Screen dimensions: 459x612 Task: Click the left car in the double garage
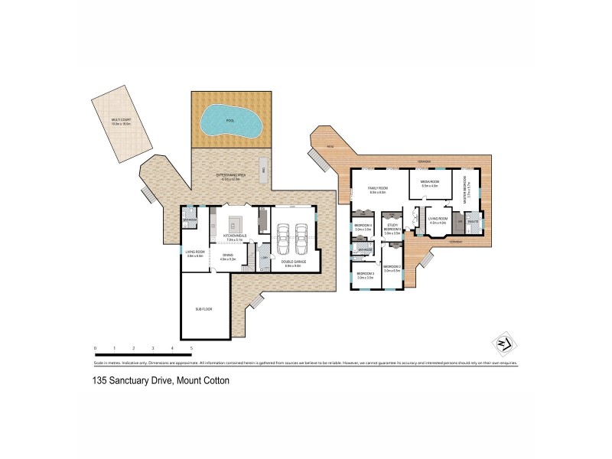click(x=283, y=239)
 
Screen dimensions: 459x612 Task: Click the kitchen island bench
click(x=234, y=223)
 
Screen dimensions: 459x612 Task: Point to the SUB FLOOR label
click(x=203, y=310)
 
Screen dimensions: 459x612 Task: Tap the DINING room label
click(x=227, y=257)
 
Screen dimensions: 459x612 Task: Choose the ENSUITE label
click(x=473, y=222)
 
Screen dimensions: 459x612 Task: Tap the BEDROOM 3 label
click(x=365, y=273)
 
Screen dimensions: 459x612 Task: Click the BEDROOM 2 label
click(x=392, y=267)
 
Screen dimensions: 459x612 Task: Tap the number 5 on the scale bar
click(x=191, y=348)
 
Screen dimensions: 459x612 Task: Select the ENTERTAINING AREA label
click(x=229, y=176)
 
